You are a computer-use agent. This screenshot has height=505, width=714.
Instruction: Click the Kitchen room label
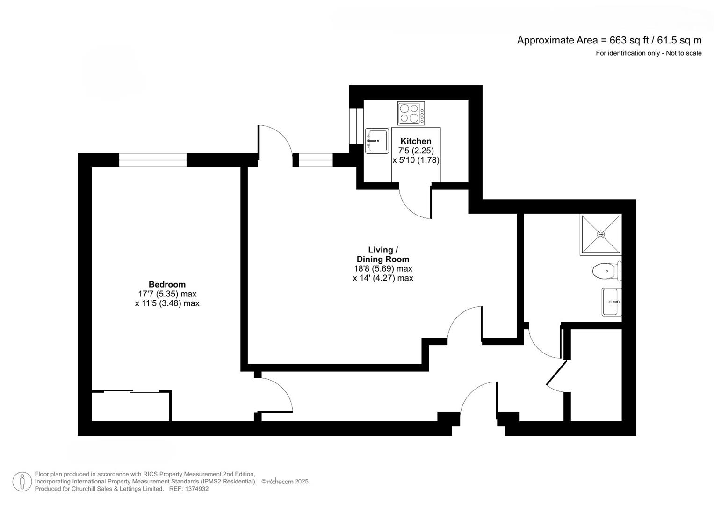point(416,141)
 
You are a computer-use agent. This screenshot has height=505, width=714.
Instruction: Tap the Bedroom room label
point(167,284)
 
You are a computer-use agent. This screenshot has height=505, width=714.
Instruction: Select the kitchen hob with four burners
point(411,113)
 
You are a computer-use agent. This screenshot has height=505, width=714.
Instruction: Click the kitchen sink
point(377,141)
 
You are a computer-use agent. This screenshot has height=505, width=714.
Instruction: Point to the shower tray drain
point(601,234)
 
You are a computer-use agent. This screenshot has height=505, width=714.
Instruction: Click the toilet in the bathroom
point(607,271)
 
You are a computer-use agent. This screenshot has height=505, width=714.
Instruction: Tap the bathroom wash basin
point(611,302)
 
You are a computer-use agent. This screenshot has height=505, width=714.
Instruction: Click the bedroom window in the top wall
point(153,160)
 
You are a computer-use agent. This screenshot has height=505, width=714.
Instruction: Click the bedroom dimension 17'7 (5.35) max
point(167,294)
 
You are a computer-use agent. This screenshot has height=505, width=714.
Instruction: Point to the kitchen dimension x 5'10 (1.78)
point(416,160)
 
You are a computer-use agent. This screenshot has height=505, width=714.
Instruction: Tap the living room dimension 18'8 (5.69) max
point(383,268)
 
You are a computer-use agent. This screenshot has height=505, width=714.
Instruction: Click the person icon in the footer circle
point(22,482)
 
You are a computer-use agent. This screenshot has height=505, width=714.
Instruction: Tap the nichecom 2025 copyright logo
point(286,482)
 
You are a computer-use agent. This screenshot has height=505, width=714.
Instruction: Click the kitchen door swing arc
point(410,207)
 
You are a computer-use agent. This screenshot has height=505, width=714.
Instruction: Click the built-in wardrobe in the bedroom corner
point(131,406)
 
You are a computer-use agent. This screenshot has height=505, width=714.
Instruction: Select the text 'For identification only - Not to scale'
point(649,53)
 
